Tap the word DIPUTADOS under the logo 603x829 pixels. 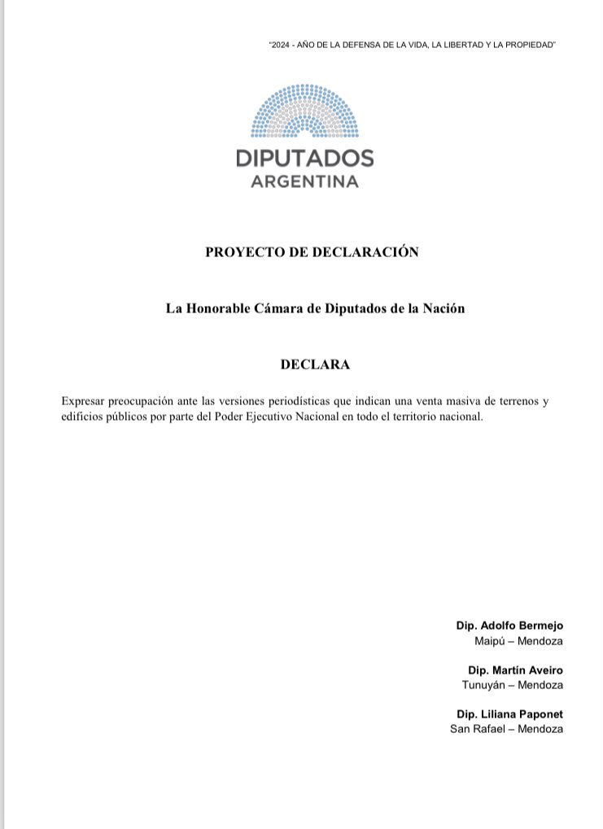(x=305, y=158)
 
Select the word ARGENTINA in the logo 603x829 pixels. (x=305, y=181)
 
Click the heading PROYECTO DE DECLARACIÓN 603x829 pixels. (x=312, y=252)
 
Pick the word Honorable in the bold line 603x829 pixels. (x=220, y=309)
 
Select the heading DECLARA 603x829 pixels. (x=315, y=364)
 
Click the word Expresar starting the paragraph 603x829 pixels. (x=84, y=401)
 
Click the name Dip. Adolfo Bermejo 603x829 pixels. (x=509, y=626)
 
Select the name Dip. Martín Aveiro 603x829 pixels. (x=515, y=670)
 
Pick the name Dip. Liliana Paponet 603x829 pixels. (x=509, y=713)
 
